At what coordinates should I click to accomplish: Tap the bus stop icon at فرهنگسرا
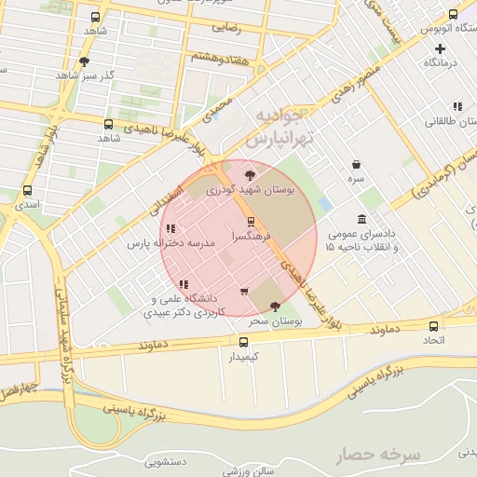tap(251, 222)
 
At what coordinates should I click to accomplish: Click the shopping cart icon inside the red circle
tap(244, 292)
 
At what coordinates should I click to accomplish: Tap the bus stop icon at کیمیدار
tap(243, 341)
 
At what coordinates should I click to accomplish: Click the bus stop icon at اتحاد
tap(434, 326)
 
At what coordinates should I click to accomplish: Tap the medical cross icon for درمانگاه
tap(440, 48)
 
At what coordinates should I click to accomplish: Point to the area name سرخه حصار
tap(378, 455)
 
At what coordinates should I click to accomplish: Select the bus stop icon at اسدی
tap(26, 190)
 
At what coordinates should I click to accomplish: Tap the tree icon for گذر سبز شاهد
tap(85, 61)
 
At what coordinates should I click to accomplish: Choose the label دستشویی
tap(168, 460)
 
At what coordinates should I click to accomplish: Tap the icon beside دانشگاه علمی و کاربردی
tap(184, 283)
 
